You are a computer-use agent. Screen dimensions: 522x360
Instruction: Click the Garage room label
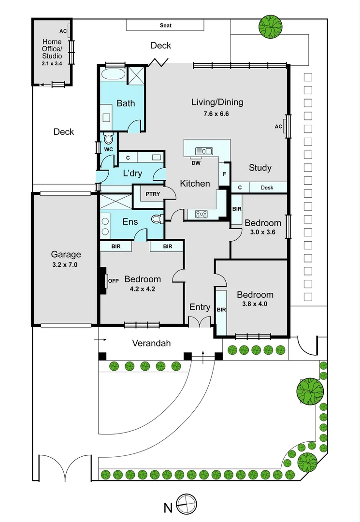66,255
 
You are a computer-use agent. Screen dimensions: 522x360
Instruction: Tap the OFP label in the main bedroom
113,280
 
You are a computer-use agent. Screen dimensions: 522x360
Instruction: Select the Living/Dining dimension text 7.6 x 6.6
217,114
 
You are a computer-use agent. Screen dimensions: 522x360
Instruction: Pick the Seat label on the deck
166,25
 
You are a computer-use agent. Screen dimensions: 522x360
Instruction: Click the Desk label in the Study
267,188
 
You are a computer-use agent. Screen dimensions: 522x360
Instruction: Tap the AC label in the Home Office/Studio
63,31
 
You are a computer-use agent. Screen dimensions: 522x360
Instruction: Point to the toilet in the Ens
156,219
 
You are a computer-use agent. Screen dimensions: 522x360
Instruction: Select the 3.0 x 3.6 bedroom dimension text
262,232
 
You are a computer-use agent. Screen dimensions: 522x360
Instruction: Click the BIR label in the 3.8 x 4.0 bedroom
221,309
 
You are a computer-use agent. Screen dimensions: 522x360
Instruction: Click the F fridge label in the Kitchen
225,174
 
